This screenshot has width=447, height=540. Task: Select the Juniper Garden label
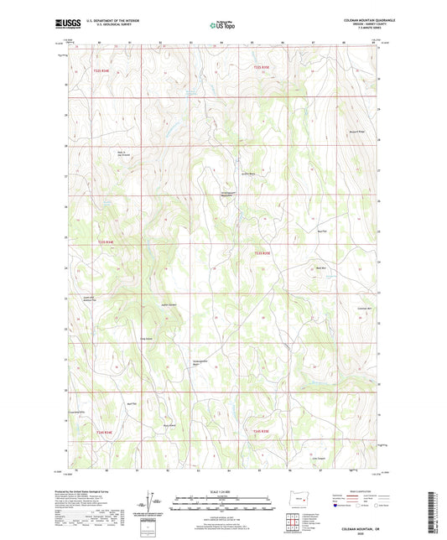point(168,304)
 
